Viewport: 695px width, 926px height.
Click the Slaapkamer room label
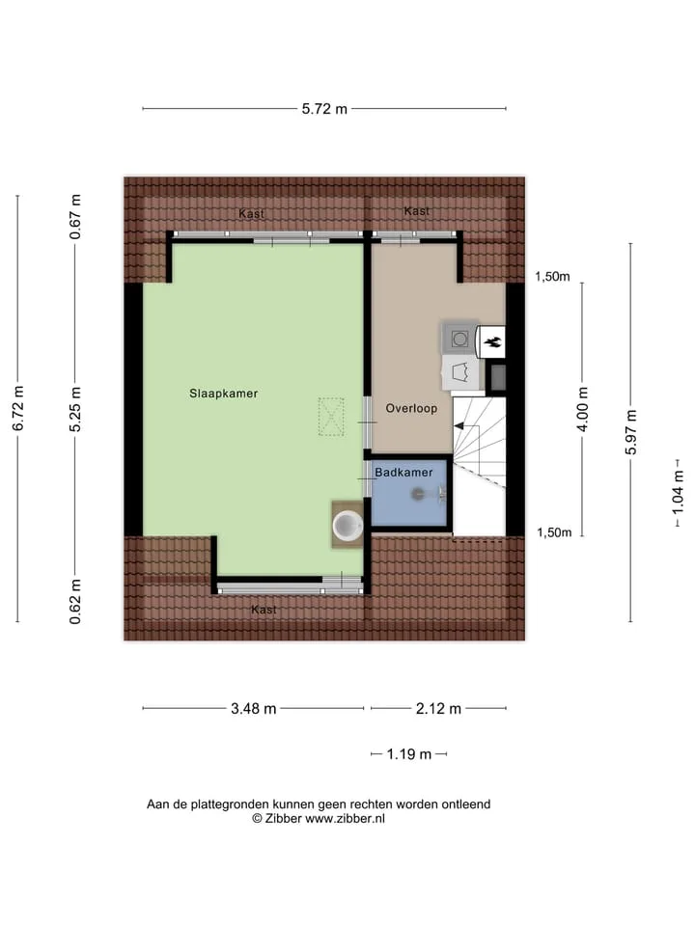[x=223, y=394]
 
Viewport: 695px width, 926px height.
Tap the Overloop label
[x=411, y=408]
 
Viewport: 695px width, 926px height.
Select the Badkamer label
[x=403, y=473]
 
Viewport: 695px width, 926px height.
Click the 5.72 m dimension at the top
[x=324, y=109]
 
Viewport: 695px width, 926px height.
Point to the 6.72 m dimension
[x=18, y=408]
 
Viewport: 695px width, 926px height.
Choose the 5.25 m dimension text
[x=75, y=409]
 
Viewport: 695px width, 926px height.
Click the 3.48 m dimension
[x=254, y=708]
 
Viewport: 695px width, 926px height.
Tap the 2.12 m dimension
[x=438, y=708]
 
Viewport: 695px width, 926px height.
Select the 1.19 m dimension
[x=409, y=754]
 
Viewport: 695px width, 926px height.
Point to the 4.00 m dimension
[x=583, y=409]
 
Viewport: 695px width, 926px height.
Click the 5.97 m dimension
[x=631, y=432]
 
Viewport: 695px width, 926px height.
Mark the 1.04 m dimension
[x=678, y=492]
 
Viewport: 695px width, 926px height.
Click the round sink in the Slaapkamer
[x=347, y=525]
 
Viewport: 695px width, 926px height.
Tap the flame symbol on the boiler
[x=492, y=341]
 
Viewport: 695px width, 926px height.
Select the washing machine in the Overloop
[x=459, y=339]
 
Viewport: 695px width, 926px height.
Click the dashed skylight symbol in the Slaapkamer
[x=331, y=417]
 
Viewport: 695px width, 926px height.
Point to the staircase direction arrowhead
[x=458, y=425]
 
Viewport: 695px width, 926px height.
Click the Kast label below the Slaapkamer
[x=264, y=610]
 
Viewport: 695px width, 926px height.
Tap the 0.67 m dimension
[x=75, y=217]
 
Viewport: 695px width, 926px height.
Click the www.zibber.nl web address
[x=345, y=819]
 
